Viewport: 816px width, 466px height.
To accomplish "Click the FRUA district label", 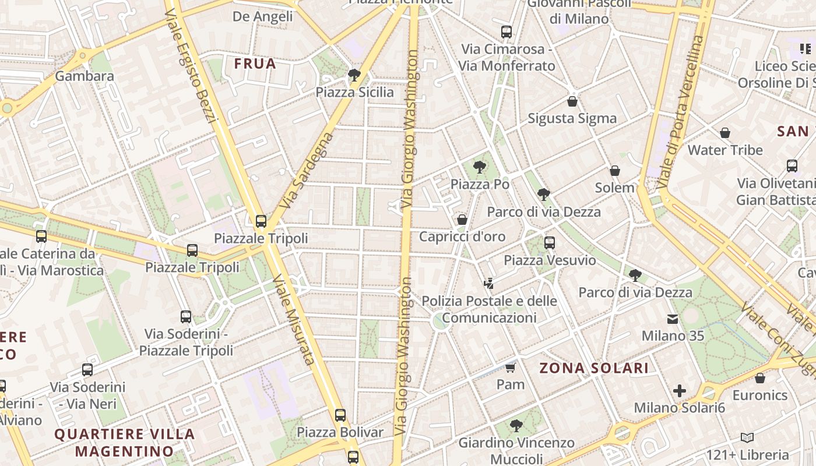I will pyautogui.click(x=255, y=63).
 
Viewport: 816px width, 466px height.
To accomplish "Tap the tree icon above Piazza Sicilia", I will pyautogui.click(x=353, y=75).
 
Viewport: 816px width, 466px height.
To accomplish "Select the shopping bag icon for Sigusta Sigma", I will pyautogui.click(x=572, y=101).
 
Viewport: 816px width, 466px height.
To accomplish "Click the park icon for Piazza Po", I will pyautogui.click(x=479, y=167).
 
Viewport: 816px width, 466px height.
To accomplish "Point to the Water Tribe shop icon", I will pyautogui.click(x=725, y=133).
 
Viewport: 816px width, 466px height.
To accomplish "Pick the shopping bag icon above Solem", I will pyautogui.click(x=614, y=171).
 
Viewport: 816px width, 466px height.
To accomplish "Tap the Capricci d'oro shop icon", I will pyautogui.click(x=462, y=220).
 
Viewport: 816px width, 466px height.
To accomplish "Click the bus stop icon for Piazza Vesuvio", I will pyautogui.click(x=549, y=243).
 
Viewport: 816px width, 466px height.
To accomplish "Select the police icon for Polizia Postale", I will pyautogui.click(x=488, y=284).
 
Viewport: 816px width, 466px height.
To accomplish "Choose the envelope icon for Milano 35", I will pyautogui.click(x=673, y=319).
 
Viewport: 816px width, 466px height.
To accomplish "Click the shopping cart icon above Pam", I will pyautogui.click(x=511, y=368).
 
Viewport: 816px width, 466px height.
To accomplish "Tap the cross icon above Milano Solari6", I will pyautogui.click(x=679, y=390).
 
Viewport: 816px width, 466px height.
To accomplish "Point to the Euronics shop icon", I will pyautogui.click(x=759, y=378).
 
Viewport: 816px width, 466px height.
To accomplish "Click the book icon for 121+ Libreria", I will pyautogui.click(x=747, y=437).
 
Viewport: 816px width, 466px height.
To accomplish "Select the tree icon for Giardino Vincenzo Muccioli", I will pyautogui.click(x=516, y=425).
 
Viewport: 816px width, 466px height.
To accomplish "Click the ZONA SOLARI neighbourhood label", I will pyautogui.click(x=594, y=368).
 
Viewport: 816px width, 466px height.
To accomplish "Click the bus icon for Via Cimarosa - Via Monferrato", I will pyautogui.click(x=507, y=32).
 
